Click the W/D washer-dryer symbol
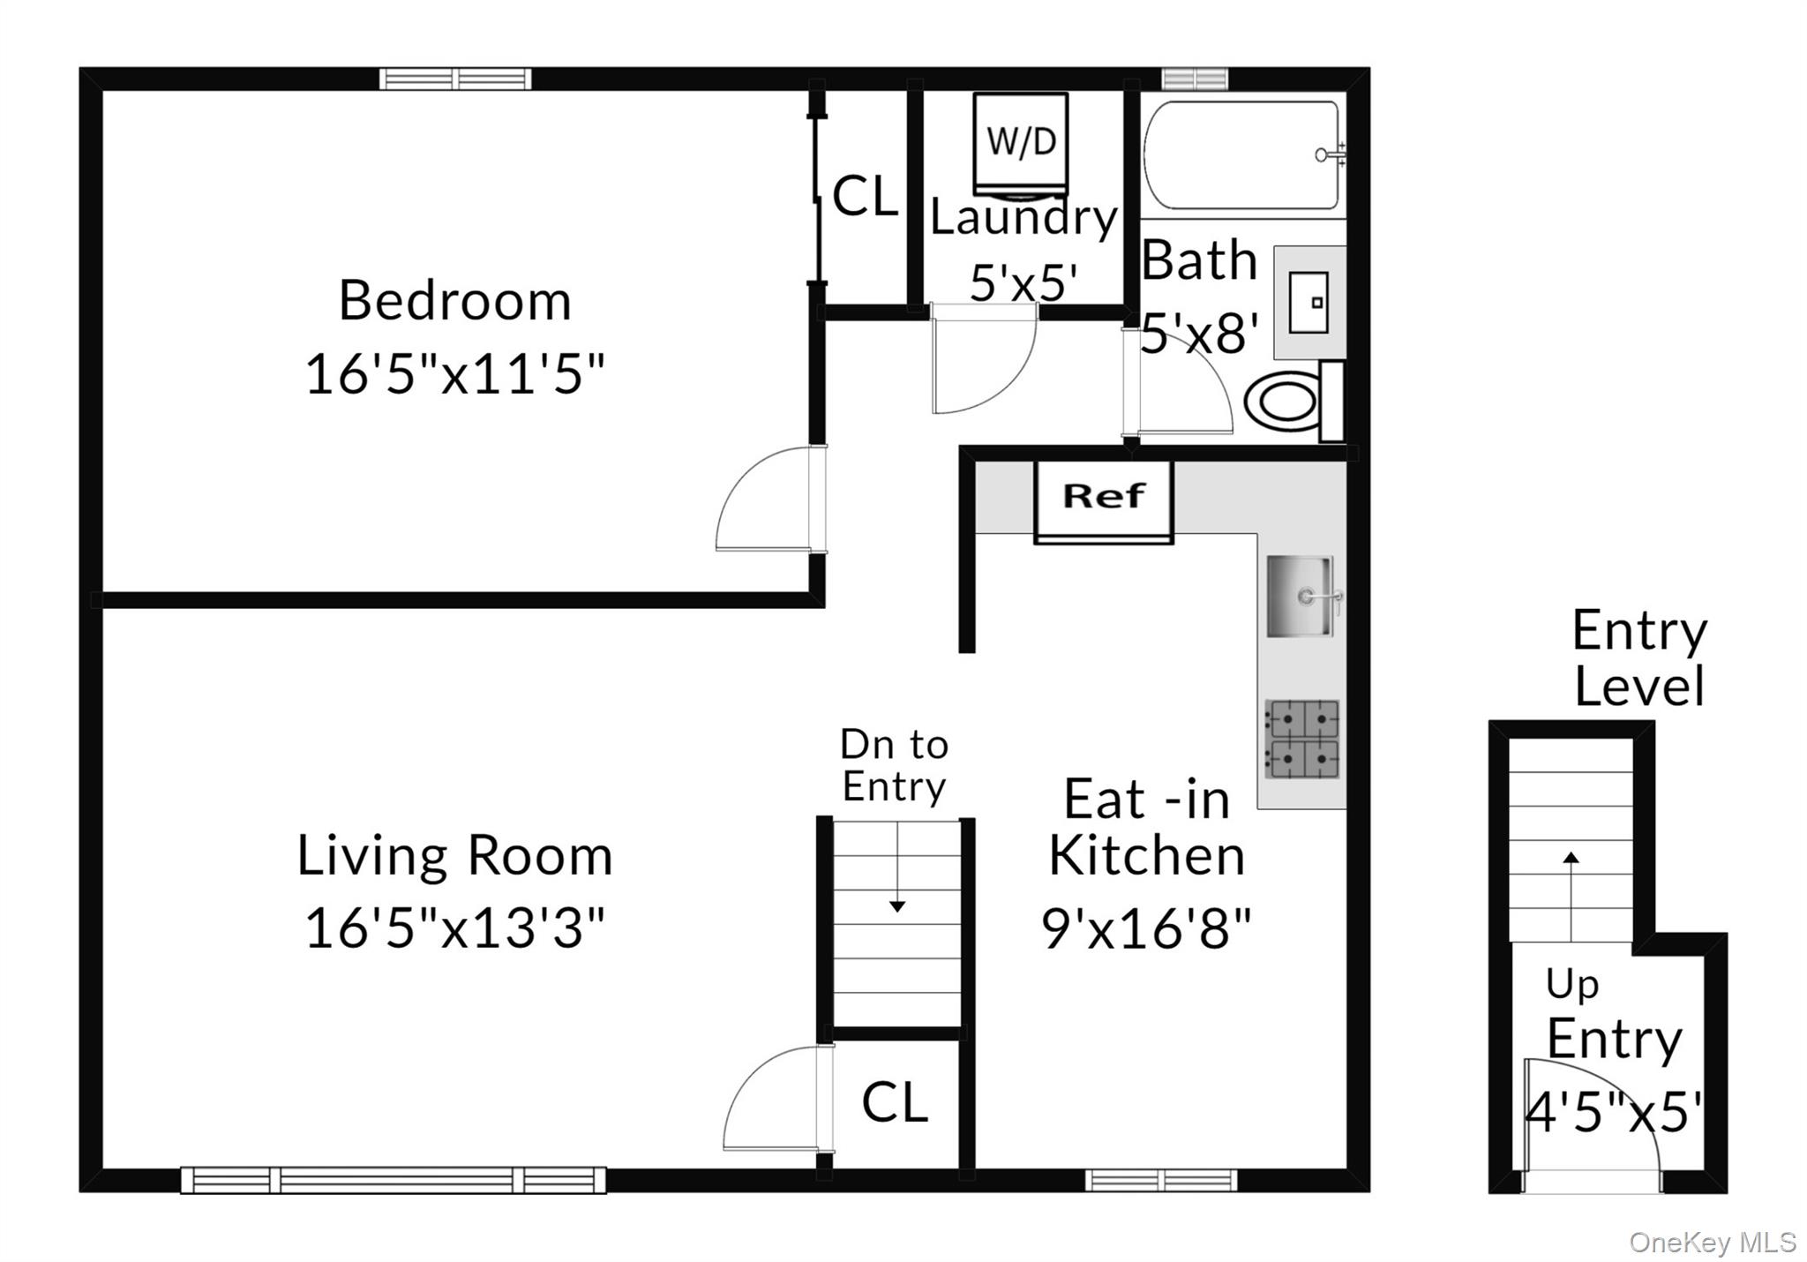[1021, 143]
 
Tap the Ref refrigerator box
[1104, 497]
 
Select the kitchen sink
[1300, 597]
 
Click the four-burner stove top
[1301, 740]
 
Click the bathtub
[1242, 155]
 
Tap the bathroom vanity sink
[1308, 303]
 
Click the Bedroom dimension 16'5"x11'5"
[454, 374]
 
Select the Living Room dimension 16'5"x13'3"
[454, 928]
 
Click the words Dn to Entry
[894, 765]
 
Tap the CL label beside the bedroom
[865, 196]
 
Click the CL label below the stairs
[895, 1103]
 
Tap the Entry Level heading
[1639, 658]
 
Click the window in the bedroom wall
[455, 79]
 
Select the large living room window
[394, 1180]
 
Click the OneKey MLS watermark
[1712, 1243]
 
